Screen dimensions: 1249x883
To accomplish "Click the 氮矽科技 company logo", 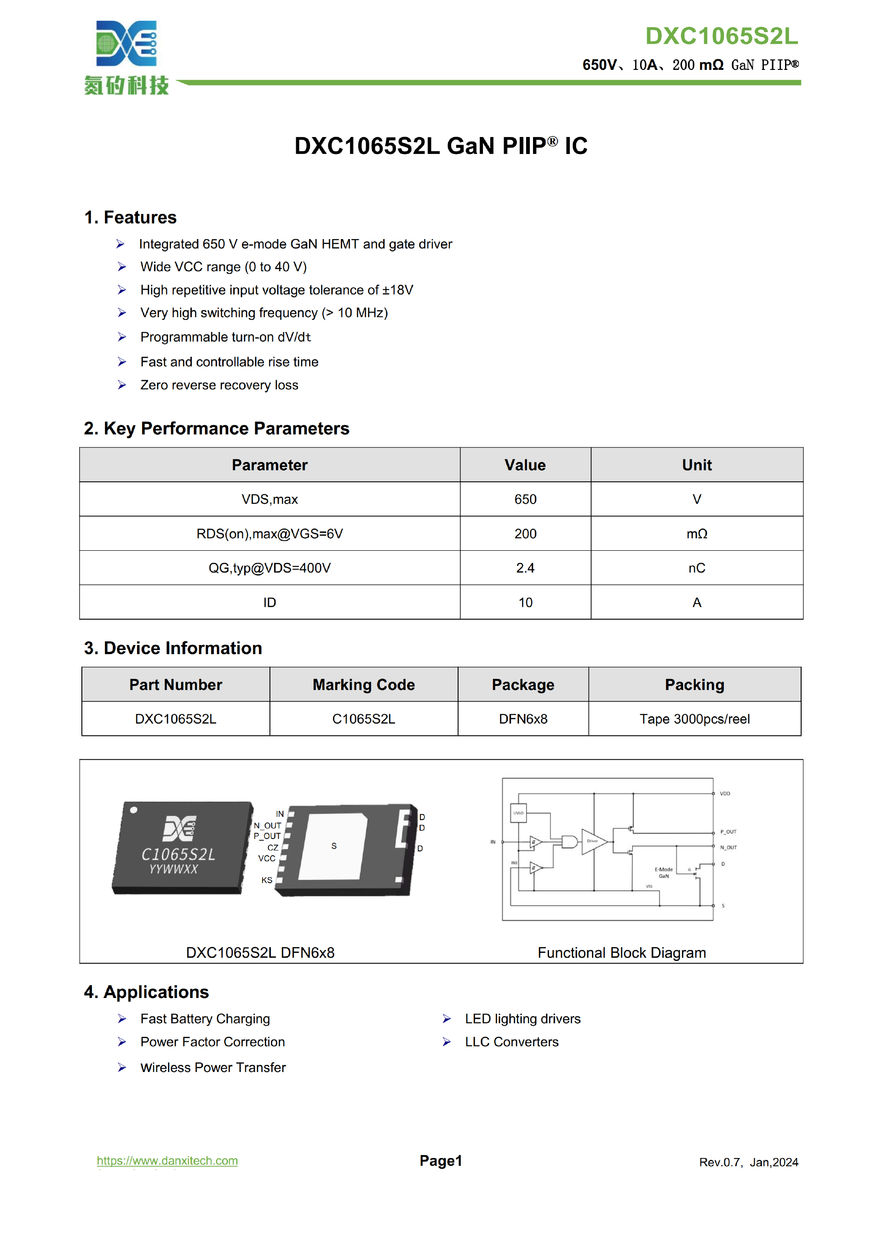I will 126,57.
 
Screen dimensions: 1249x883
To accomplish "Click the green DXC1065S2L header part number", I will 721,36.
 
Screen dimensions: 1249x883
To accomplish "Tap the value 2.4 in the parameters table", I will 525,568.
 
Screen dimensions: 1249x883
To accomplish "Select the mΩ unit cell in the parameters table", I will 696,534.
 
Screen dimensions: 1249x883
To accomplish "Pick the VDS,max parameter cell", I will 269,499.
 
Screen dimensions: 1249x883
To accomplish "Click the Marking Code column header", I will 363,684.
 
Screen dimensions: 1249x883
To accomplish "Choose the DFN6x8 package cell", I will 522,719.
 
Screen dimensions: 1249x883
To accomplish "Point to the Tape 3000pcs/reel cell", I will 694,719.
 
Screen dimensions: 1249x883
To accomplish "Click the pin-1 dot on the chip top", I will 133,810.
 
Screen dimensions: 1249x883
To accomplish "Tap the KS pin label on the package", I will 267,880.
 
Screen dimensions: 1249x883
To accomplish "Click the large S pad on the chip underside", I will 334,846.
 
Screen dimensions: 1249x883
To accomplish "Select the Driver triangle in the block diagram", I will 593,842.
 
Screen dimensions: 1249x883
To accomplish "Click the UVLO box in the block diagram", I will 518,813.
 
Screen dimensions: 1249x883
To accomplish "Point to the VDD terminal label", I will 725,794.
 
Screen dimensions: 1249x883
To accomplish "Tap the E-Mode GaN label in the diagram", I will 664,873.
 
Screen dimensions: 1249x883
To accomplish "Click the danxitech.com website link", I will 167,1160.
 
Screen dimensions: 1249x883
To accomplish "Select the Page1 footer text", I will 441,1161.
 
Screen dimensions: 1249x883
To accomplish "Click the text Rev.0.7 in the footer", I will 720,1163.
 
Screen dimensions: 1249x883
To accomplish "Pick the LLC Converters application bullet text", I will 511,1042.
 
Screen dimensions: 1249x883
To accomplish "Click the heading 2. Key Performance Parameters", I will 216,428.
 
